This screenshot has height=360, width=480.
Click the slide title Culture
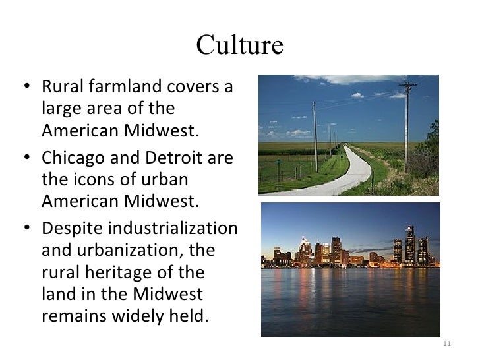coord(239,45)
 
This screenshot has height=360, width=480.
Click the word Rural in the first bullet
coord(61,87)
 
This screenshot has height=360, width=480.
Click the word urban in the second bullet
coord(164,179)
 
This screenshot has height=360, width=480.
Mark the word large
coord(60,108)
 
